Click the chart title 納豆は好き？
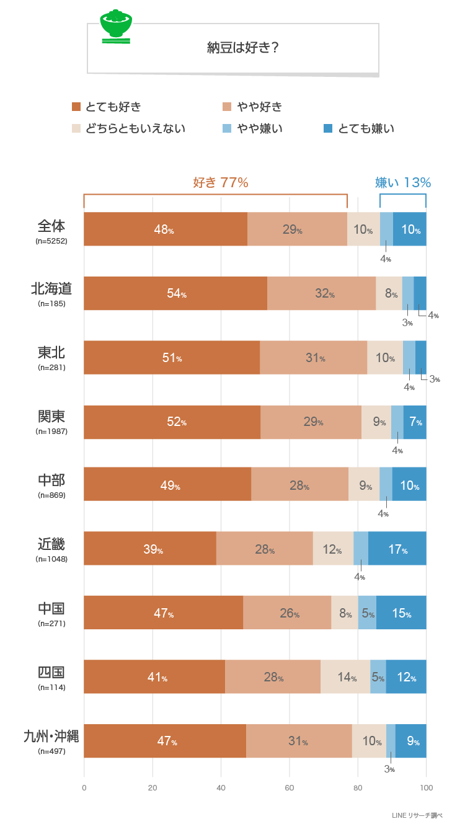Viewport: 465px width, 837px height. click(242, 48)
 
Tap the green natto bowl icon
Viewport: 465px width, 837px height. click(116, 27)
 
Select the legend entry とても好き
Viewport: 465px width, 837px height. click(107, 107)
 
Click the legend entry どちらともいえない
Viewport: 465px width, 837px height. click(128, 128)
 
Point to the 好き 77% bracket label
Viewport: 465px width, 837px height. click(220, 182)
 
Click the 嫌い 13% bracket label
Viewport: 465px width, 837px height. click(403, 182)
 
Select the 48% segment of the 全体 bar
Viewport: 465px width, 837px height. click(165, 229)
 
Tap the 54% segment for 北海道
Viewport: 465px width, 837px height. click(175, 293)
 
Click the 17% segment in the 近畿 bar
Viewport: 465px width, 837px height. click(397, 549)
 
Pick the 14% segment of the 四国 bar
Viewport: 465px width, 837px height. click(345, 677)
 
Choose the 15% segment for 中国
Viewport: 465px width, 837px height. click(401, 613)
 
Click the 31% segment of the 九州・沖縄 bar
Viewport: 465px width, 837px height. click(299, 741)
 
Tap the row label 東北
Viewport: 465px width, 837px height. click(51, 352)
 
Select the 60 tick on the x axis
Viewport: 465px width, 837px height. click(289, 788)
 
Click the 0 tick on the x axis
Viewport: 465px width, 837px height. click(84, 788)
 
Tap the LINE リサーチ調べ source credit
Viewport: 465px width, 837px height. click(417, 815)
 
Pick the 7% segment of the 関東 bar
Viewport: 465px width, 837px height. click(415, 422)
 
